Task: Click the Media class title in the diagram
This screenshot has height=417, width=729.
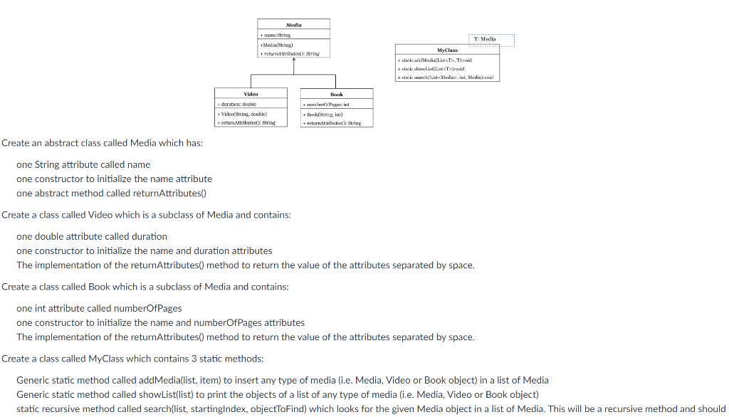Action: (293, 24)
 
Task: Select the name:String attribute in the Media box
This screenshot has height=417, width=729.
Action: (276, 34)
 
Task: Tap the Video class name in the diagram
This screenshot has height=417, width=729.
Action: (251, 93)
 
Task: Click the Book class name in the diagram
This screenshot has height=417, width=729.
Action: (337, 94)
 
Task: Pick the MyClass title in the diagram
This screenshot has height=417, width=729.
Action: (448, 51)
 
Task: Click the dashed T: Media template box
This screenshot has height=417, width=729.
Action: (491, 39)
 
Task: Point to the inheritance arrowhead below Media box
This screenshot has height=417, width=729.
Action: (294, 61)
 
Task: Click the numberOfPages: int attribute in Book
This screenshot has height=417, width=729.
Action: (327, 104)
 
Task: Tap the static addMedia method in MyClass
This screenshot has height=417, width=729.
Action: (437, 60)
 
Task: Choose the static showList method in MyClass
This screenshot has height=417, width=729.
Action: (434, 68)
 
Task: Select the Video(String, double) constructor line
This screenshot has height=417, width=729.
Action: (245, 113)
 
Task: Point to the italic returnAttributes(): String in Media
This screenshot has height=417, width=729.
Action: (290, 53)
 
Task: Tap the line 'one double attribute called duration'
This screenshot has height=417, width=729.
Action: (92, 236)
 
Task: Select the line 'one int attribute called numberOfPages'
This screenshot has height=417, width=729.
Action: (99, 308)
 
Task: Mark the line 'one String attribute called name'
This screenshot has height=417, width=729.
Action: (83, 164)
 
